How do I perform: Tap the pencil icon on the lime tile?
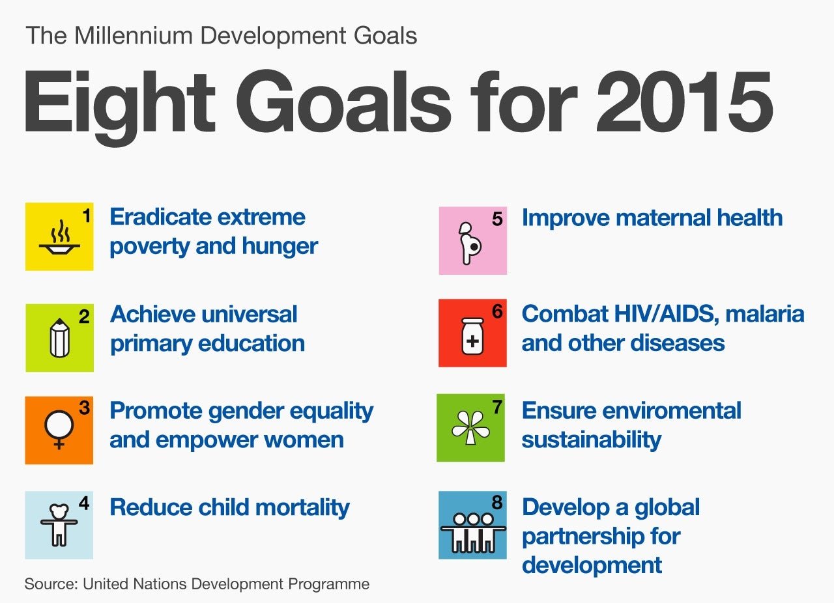[59, 338]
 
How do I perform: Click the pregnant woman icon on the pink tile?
[470, 244]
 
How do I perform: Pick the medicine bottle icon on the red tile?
[472, 336]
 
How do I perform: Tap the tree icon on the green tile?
[470, 428]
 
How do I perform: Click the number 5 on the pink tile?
[497, 219]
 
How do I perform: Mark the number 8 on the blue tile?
[496, 503]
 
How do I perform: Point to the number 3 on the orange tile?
[84, 408]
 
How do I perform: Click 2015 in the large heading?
[684, 102]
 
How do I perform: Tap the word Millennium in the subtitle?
[134, 36]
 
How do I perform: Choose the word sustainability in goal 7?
[591, 440]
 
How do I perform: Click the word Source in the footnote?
[51, 583]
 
